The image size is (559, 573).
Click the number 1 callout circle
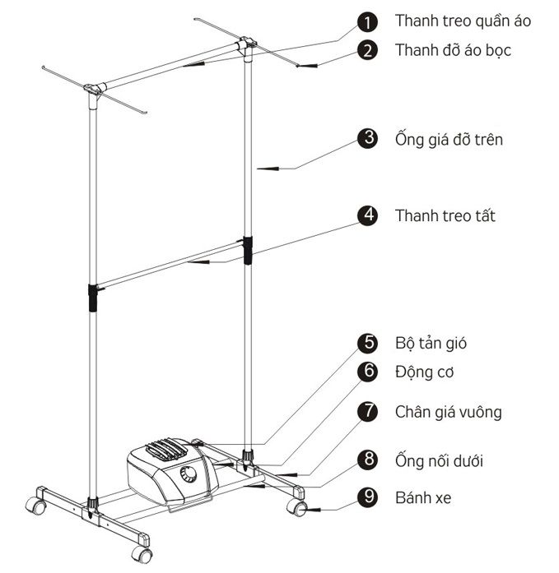368,22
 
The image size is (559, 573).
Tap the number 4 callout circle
368,215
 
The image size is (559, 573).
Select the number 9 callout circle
368,497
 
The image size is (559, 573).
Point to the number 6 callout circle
368,372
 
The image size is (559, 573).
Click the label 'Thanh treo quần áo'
463,21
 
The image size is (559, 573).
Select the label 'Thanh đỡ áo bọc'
453,50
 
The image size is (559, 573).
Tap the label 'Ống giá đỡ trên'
449,139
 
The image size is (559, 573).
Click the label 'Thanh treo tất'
445,215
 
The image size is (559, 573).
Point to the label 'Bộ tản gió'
431,343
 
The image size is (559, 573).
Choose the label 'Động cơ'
424,372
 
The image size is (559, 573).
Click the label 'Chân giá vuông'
448,412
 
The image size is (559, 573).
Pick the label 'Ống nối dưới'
439,460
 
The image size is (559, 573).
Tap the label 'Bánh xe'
423,497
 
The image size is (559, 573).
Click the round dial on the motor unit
189,474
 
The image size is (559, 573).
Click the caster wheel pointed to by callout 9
296,507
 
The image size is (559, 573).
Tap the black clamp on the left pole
93,298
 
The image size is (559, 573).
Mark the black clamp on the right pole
248,250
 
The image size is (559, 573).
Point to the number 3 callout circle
368,138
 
